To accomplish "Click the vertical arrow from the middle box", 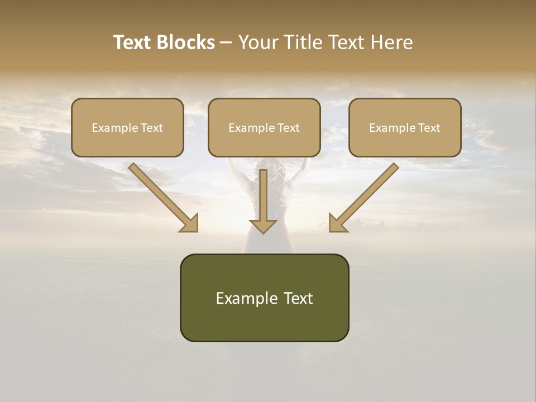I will tap(263, 195).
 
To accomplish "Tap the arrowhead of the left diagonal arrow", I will tap(190, 223).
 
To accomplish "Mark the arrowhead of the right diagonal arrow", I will tap(338, 223).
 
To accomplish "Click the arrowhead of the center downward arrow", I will tap(263, 226).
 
